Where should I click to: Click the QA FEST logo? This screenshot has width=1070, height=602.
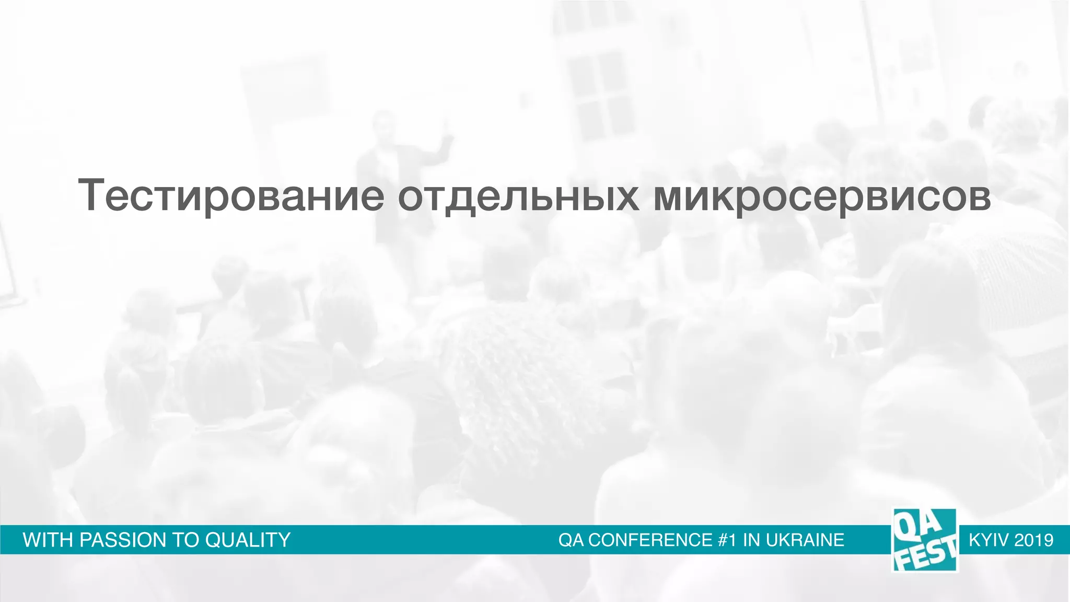(x=925, y=540)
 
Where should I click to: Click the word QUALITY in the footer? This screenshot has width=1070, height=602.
(x=248, y=540)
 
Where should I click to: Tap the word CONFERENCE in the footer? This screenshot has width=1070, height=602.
(x=650, y=540)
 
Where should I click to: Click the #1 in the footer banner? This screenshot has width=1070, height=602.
(x=727, y=540)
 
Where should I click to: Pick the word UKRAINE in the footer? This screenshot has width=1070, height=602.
(x=805, y=540)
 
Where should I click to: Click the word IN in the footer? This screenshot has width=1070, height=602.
(x=752, y=540)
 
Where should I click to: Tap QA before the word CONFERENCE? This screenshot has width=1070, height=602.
(x=571, y=540)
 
